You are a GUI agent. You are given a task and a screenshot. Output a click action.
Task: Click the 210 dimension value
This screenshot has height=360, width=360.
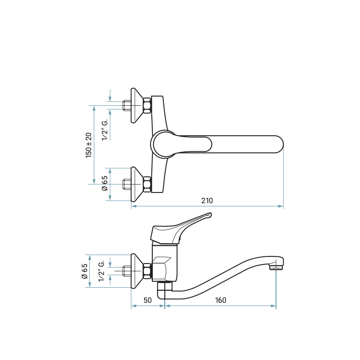(x=207, y=201)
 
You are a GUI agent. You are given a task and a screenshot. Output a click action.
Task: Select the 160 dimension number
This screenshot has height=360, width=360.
(x=220, y=300)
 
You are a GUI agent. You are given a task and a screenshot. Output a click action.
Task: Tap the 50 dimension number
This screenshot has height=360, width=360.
(x=148, y=300)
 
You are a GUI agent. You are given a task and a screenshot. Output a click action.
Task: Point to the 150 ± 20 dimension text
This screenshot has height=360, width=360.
(x=89, y=145)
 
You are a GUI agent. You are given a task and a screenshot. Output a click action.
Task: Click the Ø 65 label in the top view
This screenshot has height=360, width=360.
(x=105, y=183)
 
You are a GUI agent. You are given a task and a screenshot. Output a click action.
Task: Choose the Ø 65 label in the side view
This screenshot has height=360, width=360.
(x=84, y=271)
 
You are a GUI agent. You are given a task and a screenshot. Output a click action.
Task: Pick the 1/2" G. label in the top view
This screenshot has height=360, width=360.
(x=105, y=130)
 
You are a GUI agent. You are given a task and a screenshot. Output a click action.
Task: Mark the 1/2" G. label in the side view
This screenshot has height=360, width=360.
(x=101, y=271)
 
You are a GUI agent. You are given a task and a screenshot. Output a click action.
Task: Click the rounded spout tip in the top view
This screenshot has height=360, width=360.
(x=280, y=144)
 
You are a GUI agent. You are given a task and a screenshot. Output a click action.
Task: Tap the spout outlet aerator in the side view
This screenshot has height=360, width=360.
(x=276, y=267)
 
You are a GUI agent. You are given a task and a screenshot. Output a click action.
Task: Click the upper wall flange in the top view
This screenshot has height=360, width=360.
(x=137, y=105)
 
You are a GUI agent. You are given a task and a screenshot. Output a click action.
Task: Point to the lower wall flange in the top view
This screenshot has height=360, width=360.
(x=137, y=184)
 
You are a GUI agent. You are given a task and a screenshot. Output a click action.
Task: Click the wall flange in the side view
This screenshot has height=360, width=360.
(x=137, y=271)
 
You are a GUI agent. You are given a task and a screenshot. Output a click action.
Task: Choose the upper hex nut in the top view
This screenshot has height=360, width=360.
(x=147, y=105)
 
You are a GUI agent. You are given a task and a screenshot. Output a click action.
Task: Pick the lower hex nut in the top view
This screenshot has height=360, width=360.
(x=147, y=184)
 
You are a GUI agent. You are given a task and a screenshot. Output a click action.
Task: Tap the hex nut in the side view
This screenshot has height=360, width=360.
(x=147, y=271)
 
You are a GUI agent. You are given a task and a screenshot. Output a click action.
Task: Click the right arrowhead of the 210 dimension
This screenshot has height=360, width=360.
(x=281, y=206)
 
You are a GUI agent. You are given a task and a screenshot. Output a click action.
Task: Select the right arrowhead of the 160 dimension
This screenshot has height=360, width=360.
(x=273, y=306)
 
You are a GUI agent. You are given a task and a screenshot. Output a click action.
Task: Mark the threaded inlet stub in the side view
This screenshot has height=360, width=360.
(x=126, y=271)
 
